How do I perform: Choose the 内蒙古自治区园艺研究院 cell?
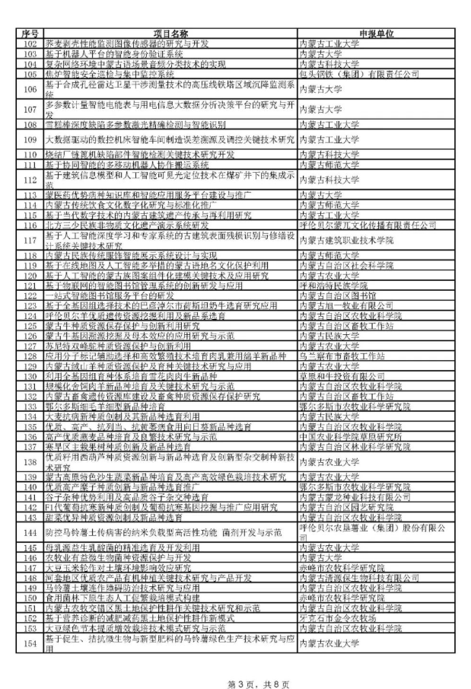tap(346, 506)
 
